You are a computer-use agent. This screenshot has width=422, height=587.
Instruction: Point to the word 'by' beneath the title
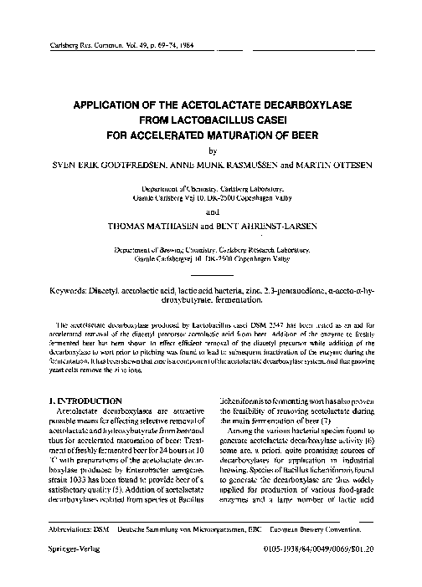click(x=211, y=151)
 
